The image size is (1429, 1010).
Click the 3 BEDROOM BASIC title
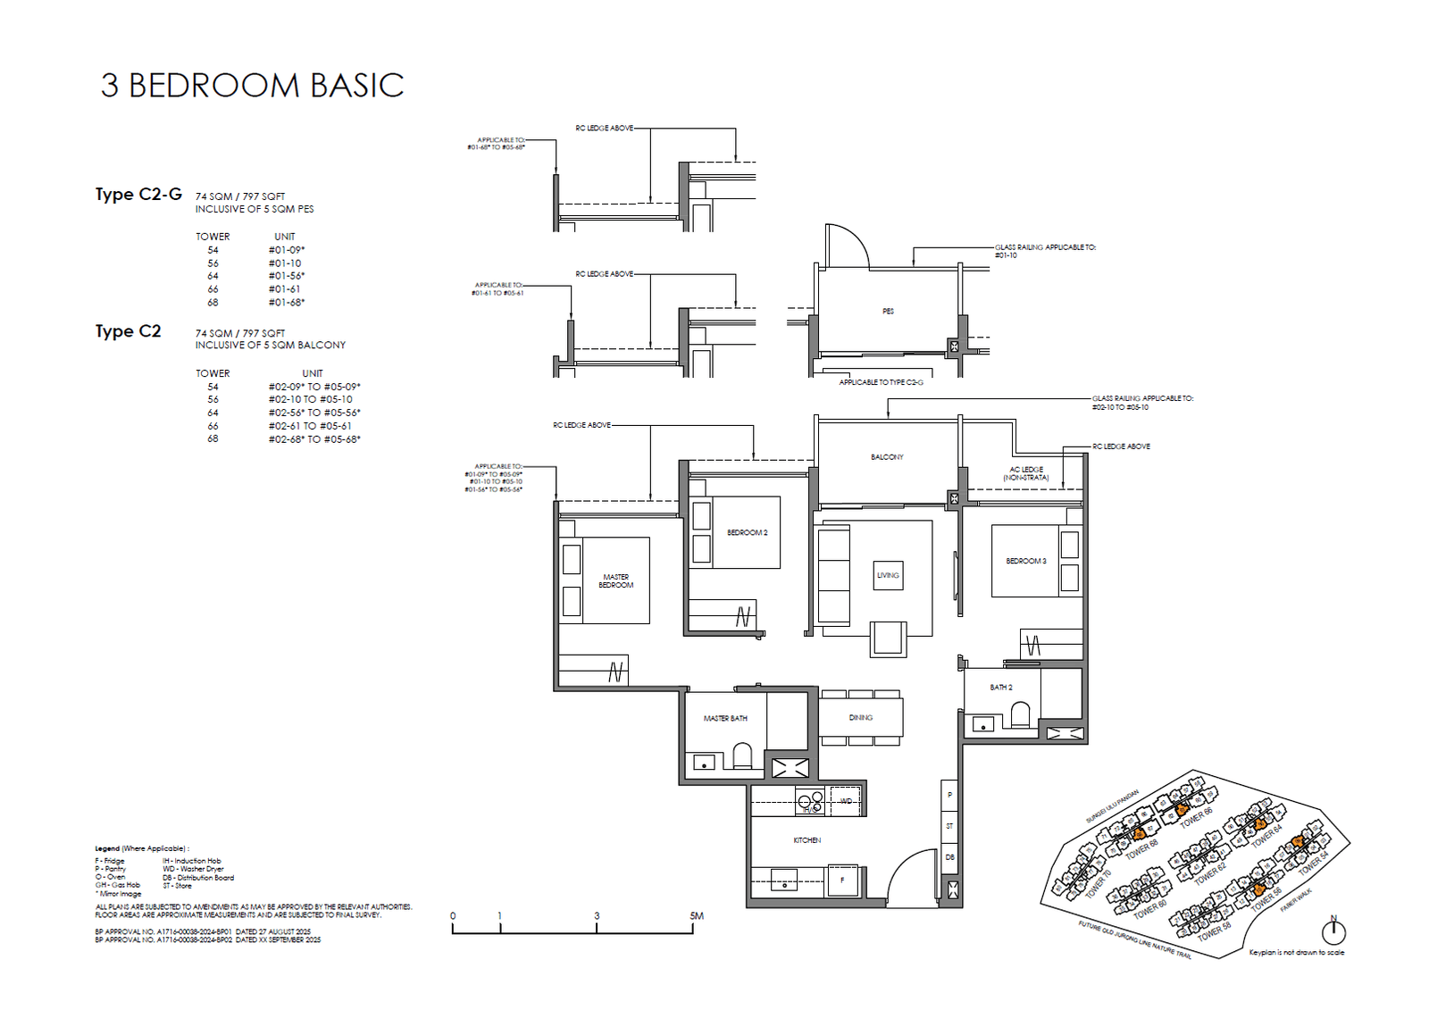(252, 86)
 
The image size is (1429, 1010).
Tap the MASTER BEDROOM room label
(615, 581)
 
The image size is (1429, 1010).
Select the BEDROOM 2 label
(747, 533)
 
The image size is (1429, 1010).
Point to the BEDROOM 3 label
(1025, 562)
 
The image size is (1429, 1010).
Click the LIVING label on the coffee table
(888, 575)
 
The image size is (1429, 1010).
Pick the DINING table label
(860, 718)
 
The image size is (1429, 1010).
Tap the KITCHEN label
(806, 840)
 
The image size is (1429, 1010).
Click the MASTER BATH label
(724, 719)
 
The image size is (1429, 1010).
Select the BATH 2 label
(1000, 688)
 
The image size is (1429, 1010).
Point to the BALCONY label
(887, 457)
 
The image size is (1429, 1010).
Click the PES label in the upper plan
(888, 312)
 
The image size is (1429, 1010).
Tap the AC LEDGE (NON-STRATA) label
(1025, 474)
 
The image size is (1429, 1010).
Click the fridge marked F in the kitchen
(842, 880)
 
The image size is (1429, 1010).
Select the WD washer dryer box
(845, 801)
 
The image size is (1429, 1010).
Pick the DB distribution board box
(949, 857)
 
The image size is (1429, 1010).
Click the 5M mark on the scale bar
(696, 916)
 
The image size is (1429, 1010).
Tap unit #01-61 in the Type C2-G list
(284, 289)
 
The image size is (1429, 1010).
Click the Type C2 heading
(129, 331)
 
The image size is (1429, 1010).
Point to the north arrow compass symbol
(1333, 931)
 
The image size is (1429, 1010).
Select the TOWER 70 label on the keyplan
(1098, 884)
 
